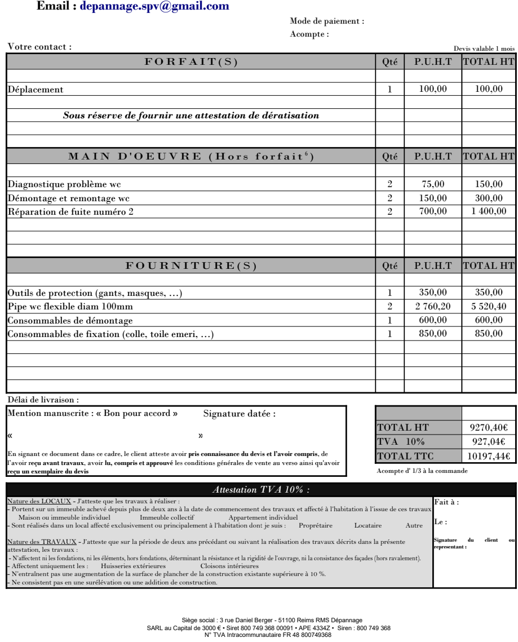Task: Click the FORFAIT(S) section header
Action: coord(192,63)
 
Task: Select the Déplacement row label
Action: coord(36,89)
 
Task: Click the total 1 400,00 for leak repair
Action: coord(488,211)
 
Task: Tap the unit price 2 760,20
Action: coord(433,307)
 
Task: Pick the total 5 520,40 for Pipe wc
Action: coord(488,307)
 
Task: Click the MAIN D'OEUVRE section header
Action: coord(192,157)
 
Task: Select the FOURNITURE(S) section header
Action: coord(192,266)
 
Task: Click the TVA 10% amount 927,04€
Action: coord(489,442)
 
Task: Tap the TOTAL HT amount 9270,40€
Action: coord(489,428)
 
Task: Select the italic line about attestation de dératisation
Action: coord(191,116)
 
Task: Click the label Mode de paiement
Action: coord(327,21)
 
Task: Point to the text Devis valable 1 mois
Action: coord(484,49)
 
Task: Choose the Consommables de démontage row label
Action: coord(70,320)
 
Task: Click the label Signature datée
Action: coord(239,414)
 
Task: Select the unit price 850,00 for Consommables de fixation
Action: coord(433,334)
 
